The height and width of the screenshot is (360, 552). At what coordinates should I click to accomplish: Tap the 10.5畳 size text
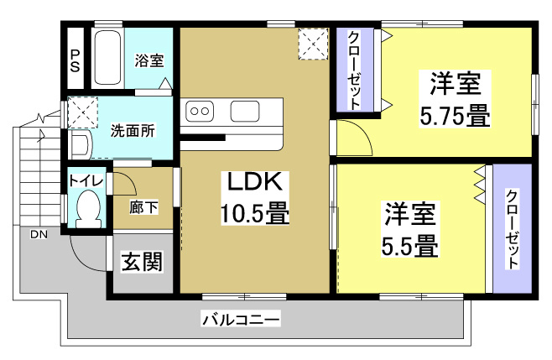click(x=255, y=214)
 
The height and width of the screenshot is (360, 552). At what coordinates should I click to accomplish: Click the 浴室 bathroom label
click(x=149, y=60)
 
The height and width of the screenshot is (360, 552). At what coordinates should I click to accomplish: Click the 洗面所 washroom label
click(x=133, y=130)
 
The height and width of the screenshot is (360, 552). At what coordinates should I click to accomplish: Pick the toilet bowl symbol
click(x=87, y=208)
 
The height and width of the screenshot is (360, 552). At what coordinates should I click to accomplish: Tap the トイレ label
click(x=86, y=180)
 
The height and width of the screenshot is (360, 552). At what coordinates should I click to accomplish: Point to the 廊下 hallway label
click(x=142, y=207)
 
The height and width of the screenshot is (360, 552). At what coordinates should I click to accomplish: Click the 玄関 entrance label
click(x=142, y=262)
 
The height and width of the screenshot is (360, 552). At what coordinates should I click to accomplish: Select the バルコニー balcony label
click(x=241, y=320)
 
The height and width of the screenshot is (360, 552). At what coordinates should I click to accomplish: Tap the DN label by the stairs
click(x=39, y=234)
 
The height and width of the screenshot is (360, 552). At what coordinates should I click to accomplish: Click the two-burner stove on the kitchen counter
click(x=202, y=110)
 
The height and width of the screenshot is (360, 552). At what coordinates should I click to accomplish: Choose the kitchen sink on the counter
click(x=246, y=110)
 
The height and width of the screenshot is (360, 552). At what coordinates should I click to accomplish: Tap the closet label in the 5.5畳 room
click(x=512, y=229)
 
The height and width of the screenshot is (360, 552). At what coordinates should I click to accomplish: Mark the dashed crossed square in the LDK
click(x=315, y=45)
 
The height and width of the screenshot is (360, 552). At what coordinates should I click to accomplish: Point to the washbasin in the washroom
click(x=80, y=145)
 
